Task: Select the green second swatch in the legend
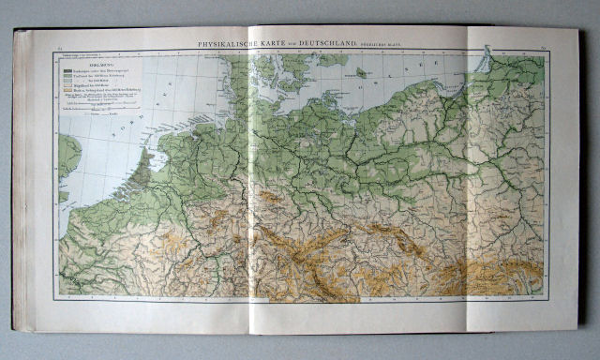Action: pyautogui.click(x=68, y=77)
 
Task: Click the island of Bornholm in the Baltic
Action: pyautogui.click(x=360, y=71)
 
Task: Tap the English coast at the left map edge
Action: pyautogui.click(x=67, y=159)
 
